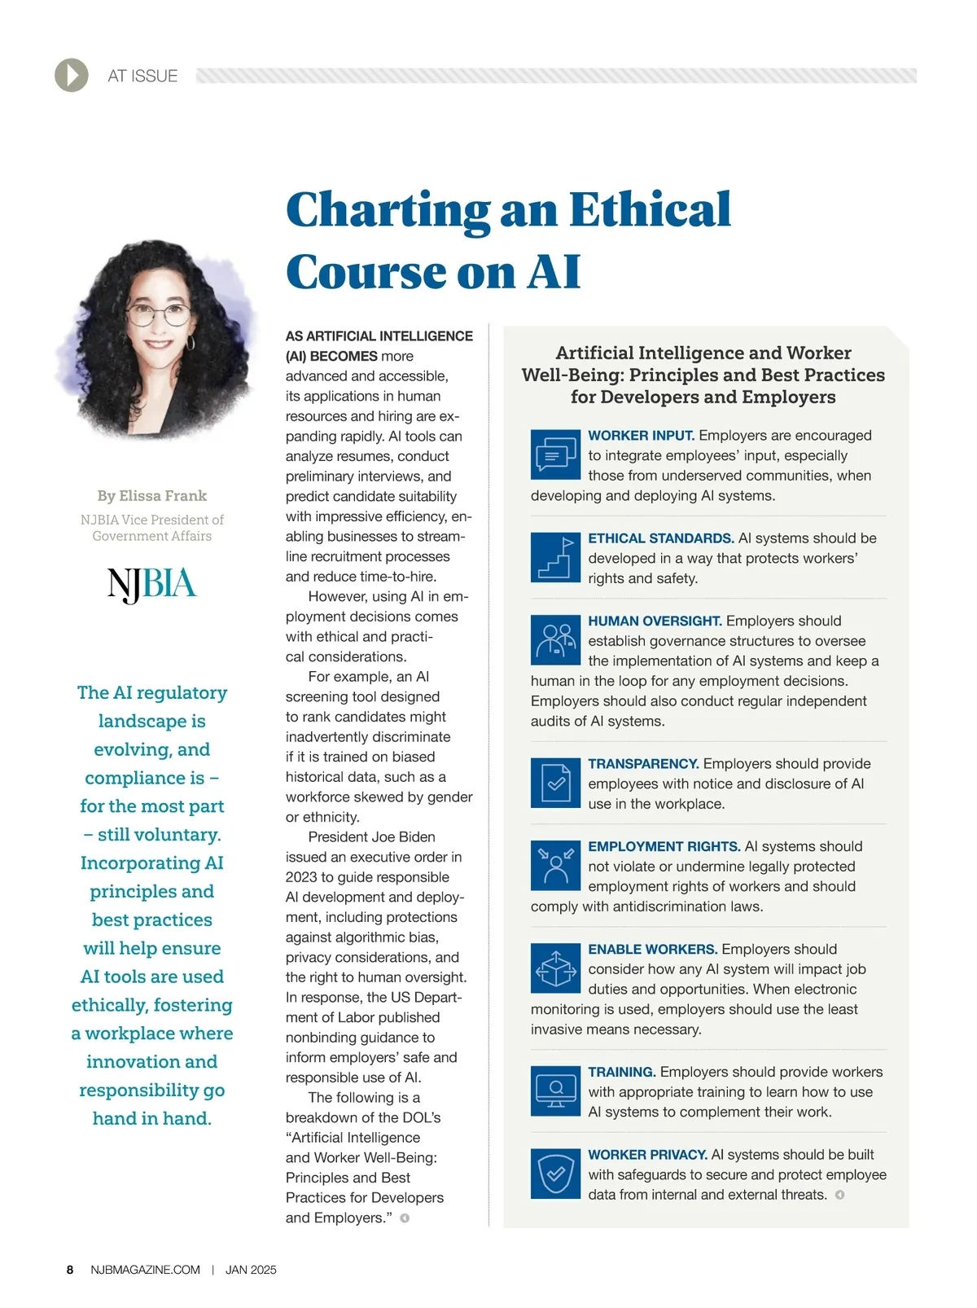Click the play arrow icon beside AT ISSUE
(72, 75)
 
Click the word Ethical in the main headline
(649, 209)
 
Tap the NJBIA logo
(152, 584)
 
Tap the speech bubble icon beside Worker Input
(555, 454)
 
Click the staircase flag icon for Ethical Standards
(555, 557)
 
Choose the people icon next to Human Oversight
(555, 639)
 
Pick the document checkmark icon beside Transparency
(555, 783)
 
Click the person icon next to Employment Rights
(555, 865)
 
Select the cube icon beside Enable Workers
(555, 968)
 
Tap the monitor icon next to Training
(555, 1091)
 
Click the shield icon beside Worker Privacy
(555, 1174)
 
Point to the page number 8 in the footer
(70, 1270)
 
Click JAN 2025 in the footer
(251, 1270)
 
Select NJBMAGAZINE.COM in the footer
(146, 1270)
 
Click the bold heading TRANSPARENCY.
(643, 764)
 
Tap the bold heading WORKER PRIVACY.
(647, 1155)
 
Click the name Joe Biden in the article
(404, 837)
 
